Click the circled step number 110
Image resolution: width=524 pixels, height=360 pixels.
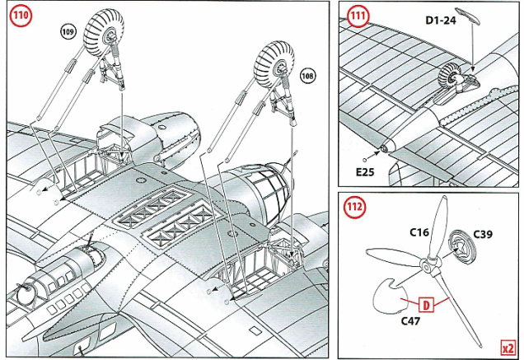18,18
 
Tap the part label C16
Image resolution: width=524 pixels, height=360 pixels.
419,233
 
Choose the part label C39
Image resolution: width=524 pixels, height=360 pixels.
483,236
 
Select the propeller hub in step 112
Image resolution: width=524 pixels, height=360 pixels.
425,265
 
